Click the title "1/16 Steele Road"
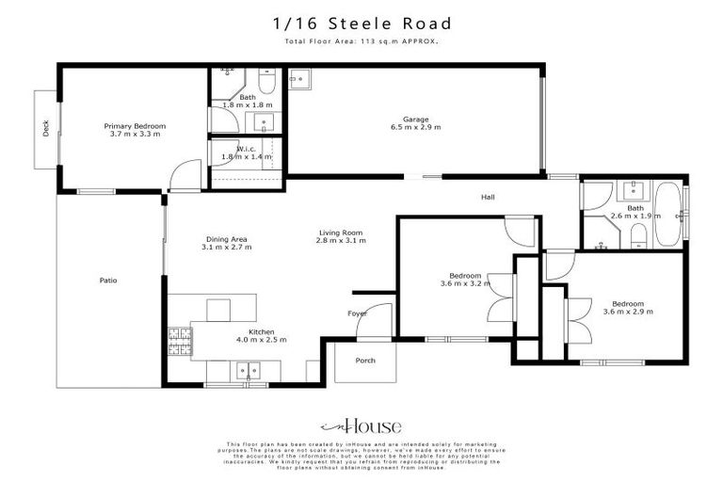[x=361, y=24]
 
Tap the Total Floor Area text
[x=361, y=42]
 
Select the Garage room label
[x=416, y=120]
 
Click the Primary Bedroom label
[x=135, y=126]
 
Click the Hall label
[x=488, y=197]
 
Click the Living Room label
[x=340, y=233]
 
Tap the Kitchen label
[x=261, y=331]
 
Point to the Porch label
[x=365, y=361]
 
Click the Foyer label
[x=357, y=313]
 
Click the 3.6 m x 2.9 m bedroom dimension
[x=628, y=312]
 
